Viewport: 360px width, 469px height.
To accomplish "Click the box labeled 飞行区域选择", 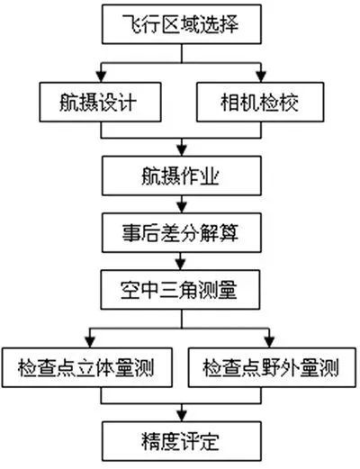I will [184, 25].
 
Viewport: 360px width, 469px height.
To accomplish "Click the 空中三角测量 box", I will [184, 293].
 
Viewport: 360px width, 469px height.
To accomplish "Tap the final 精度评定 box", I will [184, 443].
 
